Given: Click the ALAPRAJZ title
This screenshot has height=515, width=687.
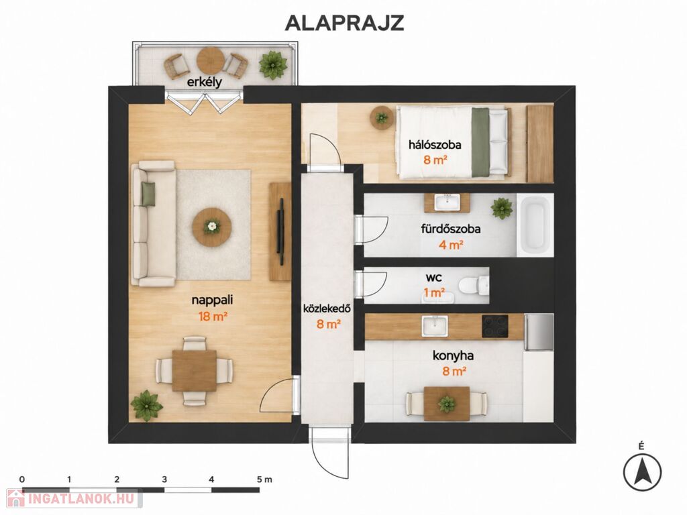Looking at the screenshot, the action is click(x=344, y=23).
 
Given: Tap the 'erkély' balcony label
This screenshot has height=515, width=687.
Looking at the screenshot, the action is click(x=205, y=82).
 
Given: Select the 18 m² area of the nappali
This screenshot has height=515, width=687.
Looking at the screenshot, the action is click(x=213, y=317).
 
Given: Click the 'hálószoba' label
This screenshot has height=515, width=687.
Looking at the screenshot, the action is click(x=435, y=145).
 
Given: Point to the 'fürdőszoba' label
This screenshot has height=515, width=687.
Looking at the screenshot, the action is click(x=451, y=229).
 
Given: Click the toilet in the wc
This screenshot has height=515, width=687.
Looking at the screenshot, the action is click(x=473, y=285).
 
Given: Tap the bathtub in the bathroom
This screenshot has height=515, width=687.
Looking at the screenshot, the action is click(x=535, y=225).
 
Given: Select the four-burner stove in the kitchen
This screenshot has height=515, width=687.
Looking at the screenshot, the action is click(x=495, y=327).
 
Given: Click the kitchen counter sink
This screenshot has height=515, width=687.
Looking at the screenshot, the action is click(x=434, y=327).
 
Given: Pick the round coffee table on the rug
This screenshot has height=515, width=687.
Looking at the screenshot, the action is click(x=212, y=227).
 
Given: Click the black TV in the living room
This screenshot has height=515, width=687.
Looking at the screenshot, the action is click(x=281, y=231).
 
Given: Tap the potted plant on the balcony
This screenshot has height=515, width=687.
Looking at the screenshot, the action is click(x=273, y=65).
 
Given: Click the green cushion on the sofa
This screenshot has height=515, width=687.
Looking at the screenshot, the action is click(x=148, y=194).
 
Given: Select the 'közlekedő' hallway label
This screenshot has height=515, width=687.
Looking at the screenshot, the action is click(x=327, y=308).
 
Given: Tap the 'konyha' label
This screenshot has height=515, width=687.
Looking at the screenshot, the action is click(x=453, y=355).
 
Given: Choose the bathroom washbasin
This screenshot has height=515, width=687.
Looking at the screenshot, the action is click(x=447, y=203).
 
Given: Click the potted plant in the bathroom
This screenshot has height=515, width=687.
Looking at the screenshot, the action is click(x=502, y=208).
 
